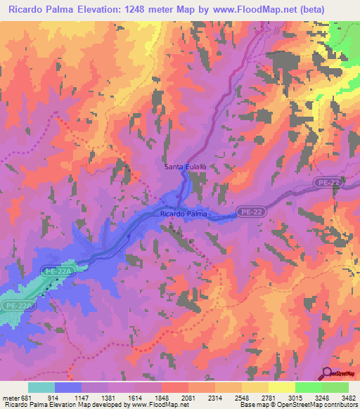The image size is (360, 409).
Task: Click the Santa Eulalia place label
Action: [184, 167]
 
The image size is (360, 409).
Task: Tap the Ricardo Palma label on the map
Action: [182, 212]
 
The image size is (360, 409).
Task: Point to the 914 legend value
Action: [53, 398]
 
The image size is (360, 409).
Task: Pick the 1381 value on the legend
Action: [108, 398]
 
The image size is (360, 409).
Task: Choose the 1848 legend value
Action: [161, 398]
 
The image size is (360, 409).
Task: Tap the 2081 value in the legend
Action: [188, 398]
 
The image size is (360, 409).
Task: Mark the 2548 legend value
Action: [242, 398]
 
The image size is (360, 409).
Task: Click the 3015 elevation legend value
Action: [295, 398]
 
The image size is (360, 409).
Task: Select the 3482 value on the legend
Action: [349, 398]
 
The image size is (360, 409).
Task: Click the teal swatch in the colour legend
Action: [41, 387]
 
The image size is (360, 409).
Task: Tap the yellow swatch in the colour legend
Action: [281, 387]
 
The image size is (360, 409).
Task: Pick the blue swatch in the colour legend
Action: [67, 387]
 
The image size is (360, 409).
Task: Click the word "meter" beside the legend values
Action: [9, 398]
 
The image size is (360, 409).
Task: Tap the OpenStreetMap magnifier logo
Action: [328, 375]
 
